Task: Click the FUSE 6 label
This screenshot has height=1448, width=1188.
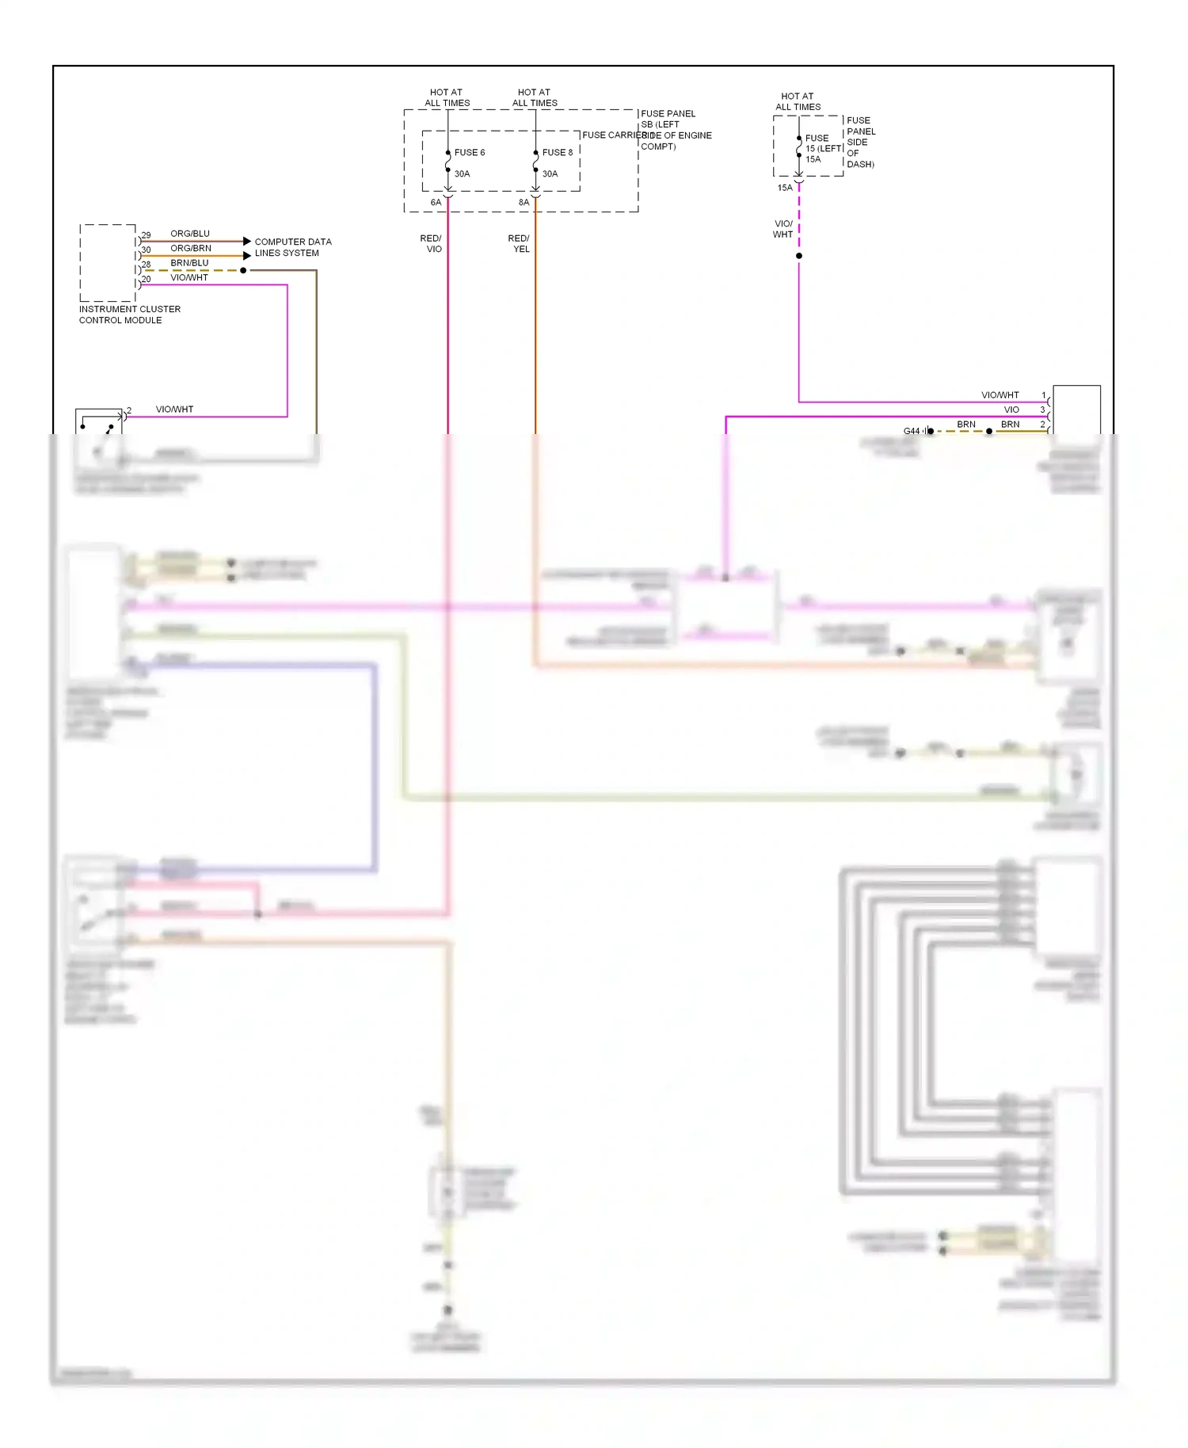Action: pos(469,152)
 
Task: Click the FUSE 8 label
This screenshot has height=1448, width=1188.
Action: pos(557,152)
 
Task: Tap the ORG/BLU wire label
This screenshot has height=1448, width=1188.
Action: pos(190,234)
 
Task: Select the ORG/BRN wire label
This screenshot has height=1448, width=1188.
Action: pos(191,248)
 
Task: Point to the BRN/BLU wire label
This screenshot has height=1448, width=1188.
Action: pos(189,263)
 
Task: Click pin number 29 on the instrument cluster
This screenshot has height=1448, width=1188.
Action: pos(146,235)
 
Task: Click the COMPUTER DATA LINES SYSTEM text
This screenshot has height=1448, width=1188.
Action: pos(292,247)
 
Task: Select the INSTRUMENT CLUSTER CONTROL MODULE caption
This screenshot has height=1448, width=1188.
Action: pos(129,314)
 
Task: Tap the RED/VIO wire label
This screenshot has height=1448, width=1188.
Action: pos(431,243)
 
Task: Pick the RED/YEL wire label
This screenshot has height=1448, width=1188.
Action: pos(519,243)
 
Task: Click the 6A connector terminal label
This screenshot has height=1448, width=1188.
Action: pos(436,203)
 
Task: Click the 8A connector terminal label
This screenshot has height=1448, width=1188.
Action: pos(524,203)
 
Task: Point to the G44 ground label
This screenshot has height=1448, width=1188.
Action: pos(912,431)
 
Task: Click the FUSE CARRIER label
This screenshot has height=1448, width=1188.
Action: pos(611,135)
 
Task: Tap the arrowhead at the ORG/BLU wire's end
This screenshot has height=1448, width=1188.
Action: pos(247,241)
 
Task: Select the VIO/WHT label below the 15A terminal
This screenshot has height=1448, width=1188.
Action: pos(782,229)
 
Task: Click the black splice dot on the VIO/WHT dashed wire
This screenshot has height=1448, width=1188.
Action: pos(798,256)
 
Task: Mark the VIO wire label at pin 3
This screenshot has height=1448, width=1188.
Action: pos(1011,410)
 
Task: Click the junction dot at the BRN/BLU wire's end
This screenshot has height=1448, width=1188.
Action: pos(243,270)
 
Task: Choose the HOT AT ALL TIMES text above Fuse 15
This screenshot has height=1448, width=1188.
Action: pos(798,101)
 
